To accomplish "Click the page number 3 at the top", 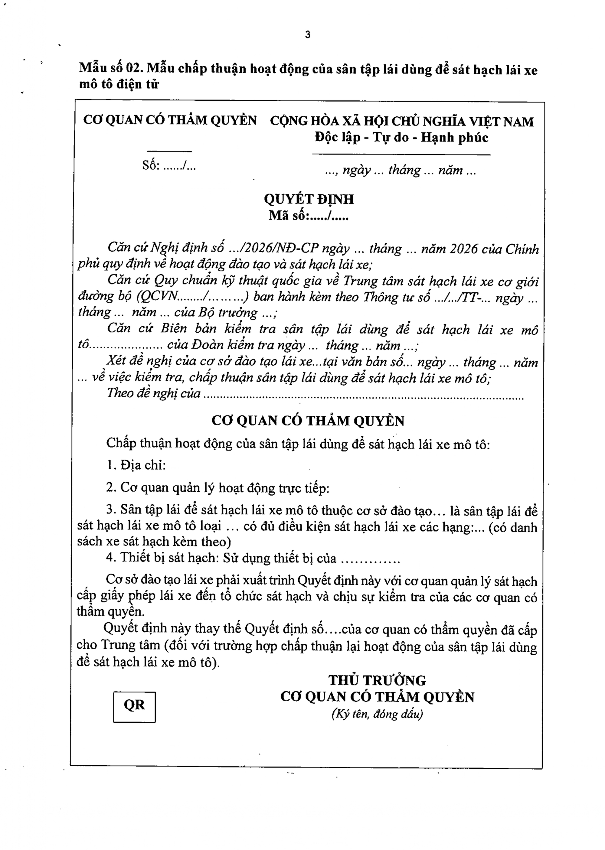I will [x=307, y=35].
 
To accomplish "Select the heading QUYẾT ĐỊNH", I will [x=309, y=200].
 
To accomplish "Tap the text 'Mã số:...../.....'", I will [x=309, y=216].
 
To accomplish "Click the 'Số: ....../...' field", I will [x=169, y=166].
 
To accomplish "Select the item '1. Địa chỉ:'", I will [x=136, y=465].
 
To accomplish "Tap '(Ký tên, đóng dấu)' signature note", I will [x=377, y=714].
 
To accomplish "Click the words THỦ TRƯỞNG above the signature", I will [x=377, y=680].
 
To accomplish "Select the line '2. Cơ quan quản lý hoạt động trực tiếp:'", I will [x=218, y=488].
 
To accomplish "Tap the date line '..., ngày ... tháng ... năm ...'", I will [x=401, y=171].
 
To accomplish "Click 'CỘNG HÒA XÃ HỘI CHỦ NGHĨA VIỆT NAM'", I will [x=402, y=121].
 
